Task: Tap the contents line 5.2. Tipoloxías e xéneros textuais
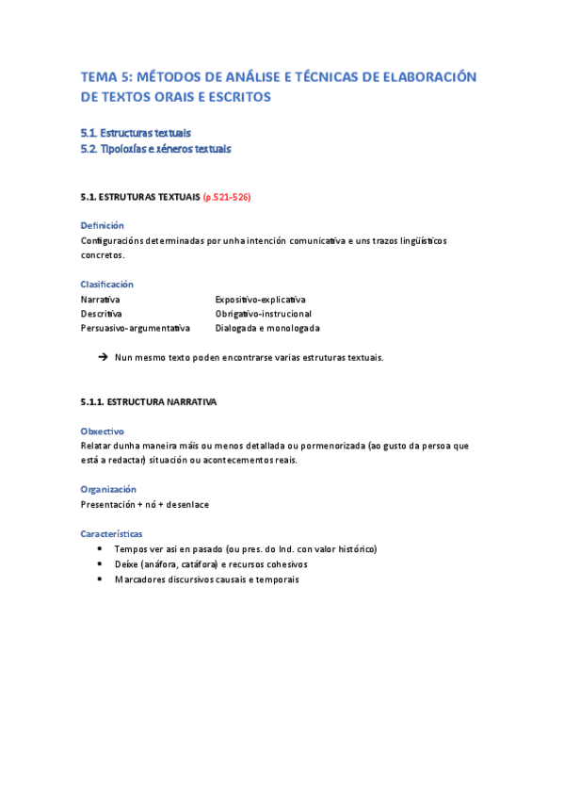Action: point(155,149)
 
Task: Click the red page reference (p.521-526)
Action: point(227,198)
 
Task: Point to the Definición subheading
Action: point(102,225)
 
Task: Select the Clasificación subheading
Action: point(106,284)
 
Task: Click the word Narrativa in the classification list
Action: point(100,299)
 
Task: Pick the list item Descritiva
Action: point(101,313)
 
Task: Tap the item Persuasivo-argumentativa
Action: point(135,328)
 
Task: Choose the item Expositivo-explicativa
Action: point(260,299)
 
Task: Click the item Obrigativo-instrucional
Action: point(263,313)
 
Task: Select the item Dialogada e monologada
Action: point(266,328)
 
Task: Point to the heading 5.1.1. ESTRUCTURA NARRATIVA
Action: point(149,401)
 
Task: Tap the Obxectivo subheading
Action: point(103,431)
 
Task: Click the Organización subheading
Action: point(108,489)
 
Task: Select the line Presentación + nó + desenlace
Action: point(144,504)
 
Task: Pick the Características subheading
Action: point(110,533)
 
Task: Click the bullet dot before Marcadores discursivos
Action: point(101,579)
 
